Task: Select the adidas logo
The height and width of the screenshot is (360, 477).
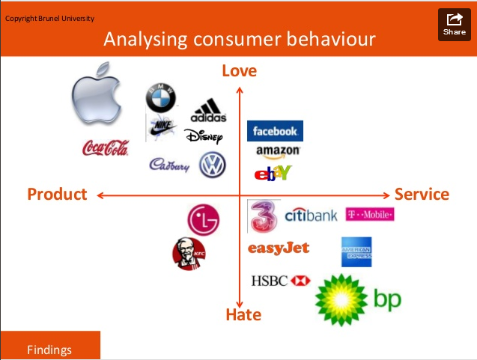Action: (x=208, y=112)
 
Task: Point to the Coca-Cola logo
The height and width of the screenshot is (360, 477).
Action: (x=105, y=149)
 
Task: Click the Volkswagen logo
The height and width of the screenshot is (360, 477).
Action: (x=213, y=165)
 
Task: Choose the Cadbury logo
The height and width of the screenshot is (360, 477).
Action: (x=170, y=165)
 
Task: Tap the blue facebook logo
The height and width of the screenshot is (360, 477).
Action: (x=275, y=131)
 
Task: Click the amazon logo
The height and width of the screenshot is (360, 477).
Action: (x=278, y=151)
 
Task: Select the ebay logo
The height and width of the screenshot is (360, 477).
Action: (x=273, y=174)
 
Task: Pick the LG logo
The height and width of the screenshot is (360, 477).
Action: (x=204, y=220)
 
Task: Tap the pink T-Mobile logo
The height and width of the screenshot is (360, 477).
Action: (x=370, y=215)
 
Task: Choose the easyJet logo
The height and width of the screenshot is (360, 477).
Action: (x=278, y=248)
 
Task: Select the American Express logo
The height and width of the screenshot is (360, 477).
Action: (x=356, y=252)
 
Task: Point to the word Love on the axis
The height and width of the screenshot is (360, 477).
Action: (x=239, y=71)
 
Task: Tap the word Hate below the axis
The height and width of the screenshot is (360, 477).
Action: (x=243, y=314)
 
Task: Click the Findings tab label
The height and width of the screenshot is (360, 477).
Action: (x=49, y=349)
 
